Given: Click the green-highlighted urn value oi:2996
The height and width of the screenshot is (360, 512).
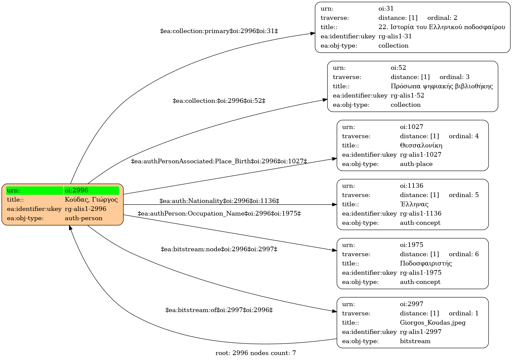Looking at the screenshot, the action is tap(76, 190).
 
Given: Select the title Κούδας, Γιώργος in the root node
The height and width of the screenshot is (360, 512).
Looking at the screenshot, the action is tap(91, 200).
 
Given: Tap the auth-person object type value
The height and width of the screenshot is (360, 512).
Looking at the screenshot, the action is tap(84, 218).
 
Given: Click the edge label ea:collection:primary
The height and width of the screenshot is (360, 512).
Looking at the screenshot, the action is tap(219, 31).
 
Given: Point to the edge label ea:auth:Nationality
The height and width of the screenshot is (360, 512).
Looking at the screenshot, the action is tap(219, 201).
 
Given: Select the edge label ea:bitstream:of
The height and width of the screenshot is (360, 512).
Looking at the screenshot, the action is tap(219, 310).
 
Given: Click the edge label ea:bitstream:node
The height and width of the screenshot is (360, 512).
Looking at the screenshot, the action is tap(219, 249).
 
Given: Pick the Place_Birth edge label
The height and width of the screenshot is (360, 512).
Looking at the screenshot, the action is tap(219, 161).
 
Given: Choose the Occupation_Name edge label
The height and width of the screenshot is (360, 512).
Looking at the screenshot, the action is tap(219, 214).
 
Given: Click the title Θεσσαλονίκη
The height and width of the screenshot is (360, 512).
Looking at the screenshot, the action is tap(421, 145).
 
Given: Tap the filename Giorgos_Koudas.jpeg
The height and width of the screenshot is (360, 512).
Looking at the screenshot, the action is tap(433, 323).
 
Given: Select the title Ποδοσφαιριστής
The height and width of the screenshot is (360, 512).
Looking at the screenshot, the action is tap(426, 263).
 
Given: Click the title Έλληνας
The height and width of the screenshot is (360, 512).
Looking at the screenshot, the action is tap(414, 204).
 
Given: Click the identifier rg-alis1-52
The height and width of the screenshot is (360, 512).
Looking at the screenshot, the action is tap(407, 96).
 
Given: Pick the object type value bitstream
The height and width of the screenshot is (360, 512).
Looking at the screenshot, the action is tap(415, 341).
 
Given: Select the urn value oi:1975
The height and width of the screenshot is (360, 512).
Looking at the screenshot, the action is tap(412, 245).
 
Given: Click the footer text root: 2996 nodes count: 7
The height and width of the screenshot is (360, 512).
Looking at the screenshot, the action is tap(256, 353).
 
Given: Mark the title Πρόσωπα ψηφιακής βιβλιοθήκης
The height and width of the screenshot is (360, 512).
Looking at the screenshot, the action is tap(442, 86).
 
